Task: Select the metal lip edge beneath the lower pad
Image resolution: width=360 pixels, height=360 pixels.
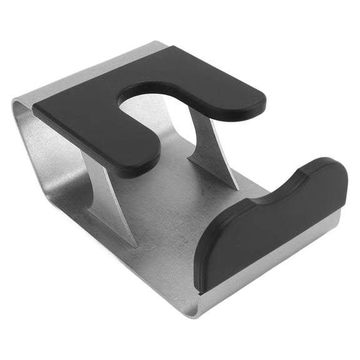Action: pyautogui.click(x=275, y=262)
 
